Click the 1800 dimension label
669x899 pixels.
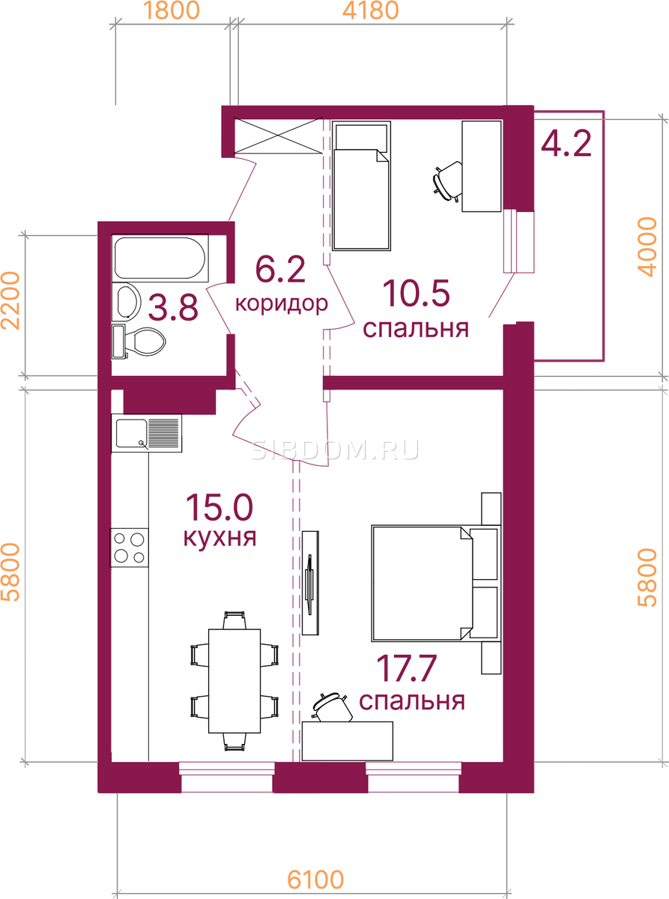tap(172, 10)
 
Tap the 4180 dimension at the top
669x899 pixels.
tap(371, 10)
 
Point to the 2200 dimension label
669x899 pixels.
tap(10, 300)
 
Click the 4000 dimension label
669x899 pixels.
tap(647, 246)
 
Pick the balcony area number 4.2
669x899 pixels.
tap(566, 144)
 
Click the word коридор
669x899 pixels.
tap(282, 303)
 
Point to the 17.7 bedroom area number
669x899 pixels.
tap(407, 669)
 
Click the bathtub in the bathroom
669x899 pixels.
tap(160, 258)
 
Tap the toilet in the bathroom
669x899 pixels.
tap(139, 342)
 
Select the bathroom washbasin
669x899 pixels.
tap(127, 300)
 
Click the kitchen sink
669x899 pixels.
tap(146, 433)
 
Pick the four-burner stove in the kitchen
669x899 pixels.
tap(130, 547)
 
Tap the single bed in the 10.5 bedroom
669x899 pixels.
tap(361, 186)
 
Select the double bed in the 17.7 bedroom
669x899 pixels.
tap(436, 584)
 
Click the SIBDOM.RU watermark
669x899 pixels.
tap(335, 450)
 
